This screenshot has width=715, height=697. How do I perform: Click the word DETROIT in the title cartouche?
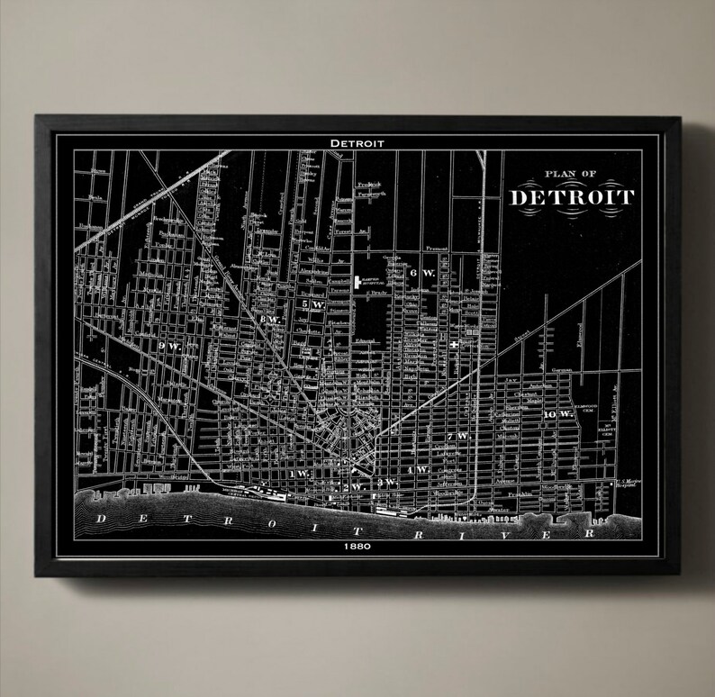pos(572,196)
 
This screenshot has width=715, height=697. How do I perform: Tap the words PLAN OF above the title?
pos(571,177)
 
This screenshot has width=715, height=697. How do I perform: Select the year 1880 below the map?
pos(358,547)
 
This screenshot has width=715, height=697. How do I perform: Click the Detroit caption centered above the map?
pos(357,142)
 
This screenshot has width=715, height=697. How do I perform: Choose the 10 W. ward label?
pos(557,413)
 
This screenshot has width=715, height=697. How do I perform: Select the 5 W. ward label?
pos(312,304)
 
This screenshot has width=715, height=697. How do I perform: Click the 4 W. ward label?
pos(417,470)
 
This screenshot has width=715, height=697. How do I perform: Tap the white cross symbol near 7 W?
pos(455,345)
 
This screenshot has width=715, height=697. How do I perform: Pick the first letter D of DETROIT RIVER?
pos(100,518)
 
